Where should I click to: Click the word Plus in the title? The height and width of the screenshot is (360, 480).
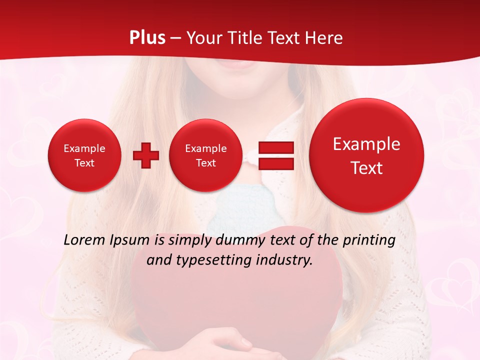(147, 38)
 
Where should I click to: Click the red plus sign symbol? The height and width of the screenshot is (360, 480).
(146, 155)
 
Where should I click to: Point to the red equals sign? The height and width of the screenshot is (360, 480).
(276, 155)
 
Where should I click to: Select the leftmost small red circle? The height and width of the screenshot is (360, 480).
(84, 155)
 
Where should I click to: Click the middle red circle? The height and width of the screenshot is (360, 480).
(205, 155)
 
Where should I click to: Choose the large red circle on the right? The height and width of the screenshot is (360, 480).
(366, 155)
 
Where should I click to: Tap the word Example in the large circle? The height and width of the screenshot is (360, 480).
(366, 144)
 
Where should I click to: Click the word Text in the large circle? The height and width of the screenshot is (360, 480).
(366, 168)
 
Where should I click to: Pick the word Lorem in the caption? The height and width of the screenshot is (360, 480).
(85, 240)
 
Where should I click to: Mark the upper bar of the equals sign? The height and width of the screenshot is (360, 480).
(276, 147)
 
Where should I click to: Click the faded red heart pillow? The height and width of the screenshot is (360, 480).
(235, 300)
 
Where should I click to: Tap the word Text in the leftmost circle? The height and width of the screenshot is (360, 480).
(84, 163)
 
